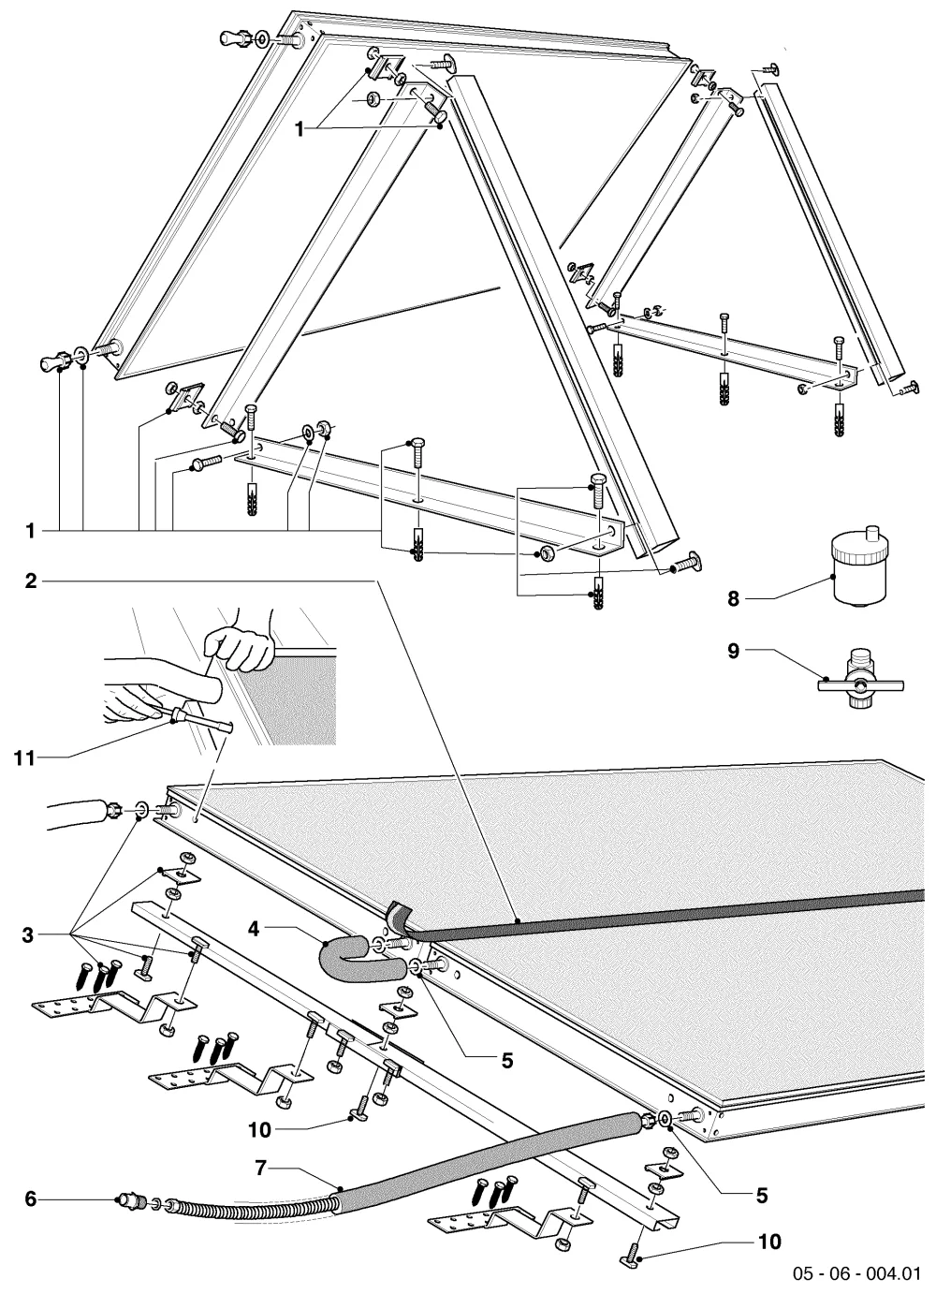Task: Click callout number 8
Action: click(x=733, y=598)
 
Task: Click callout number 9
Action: click(x=733, y=652)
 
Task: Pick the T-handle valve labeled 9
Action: click(x=860, y=684)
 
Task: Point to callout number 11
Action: click(x=24, y=757)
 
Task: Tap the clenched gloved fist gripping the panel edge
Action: click(x=239, y=649)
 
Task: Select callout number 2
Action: click(x=31, y=581)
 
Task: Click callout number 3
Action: click(x=28, y=934)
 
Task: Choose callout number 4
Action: click(x=255, y=929)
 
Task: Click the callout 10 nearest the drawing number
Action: click(x=768, y=1242)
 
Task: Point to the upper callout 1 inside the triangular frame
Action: click(x=300, y=129)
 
